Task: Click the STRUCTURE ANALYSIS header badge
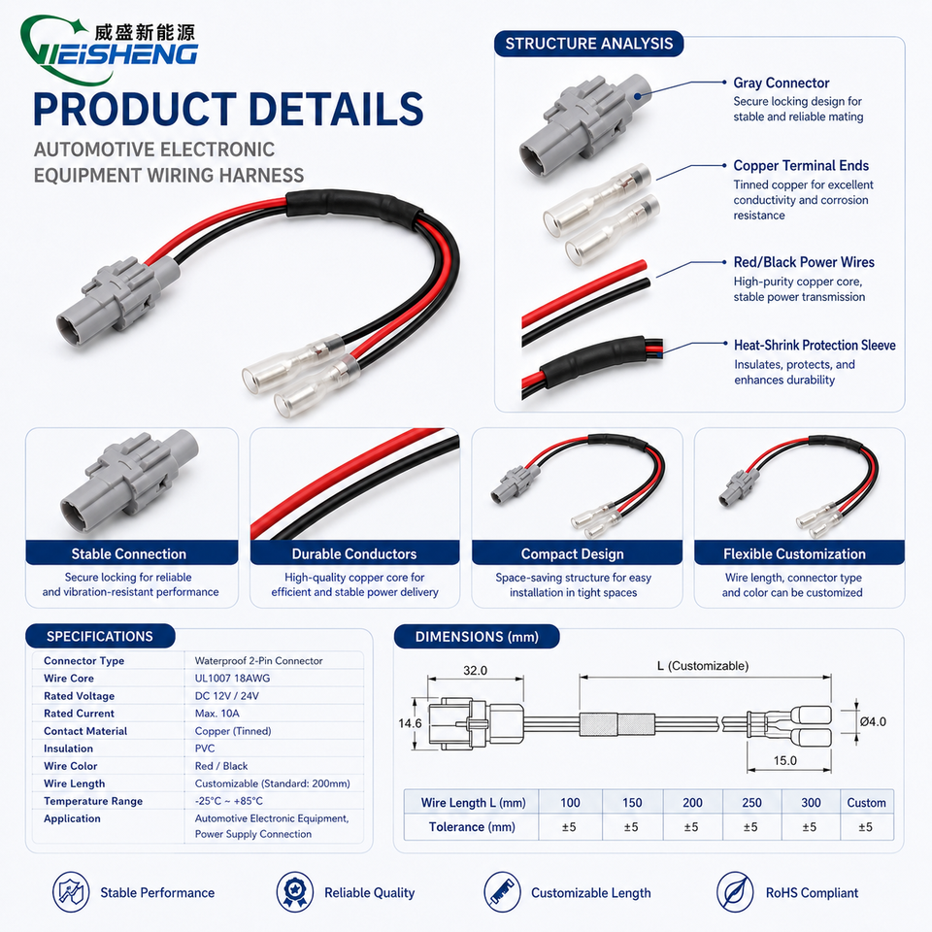pos(588,44)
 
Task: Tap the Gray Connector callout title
pos(781,83)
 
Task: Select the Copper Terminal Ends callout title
pos(801,165)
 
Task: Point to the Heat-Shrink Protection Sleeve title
pos(815,345)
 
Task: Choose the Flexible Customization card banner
pos(799,553)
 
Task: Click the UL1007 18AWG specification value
pos(232,679)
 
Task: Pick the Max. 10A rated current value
pos(216,714)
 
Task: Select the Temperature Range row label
pos(93,801)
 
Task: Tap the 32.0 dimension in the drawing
pos(475,671)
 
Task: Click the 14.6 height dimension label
pos(410,723)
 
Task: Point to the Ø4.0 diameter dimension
pos(873,721)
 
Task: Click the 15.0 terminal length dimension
pos(784,760)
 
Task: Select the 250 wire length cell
pos(751,803)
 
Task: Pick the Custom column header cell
pos(867,803)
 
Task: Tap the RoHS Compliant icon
pos(735,891)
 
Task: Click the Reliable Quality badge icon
pos(295,891)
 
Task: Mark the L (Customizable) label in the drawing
pos(703,666)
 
